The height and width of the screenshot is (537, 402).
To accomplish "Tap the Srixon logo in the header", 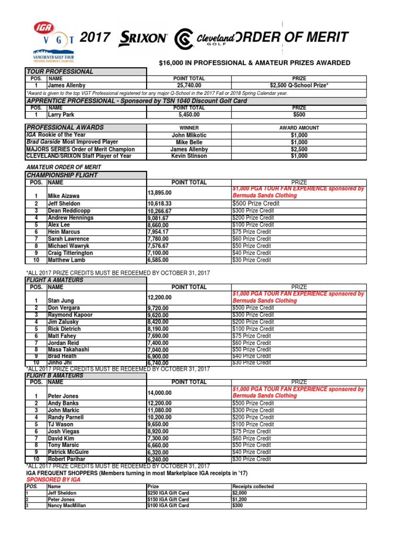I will [x=143, y=38].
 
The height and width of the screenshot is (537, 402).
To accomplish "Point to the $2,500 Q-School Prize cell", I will [x=299, y=85].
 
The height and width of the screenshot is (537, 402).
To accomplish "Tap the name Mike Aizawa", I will [x=63, y=196].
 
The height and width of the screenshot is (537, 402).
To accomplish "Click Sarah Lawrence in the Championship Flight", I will [x=68, y=239].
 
